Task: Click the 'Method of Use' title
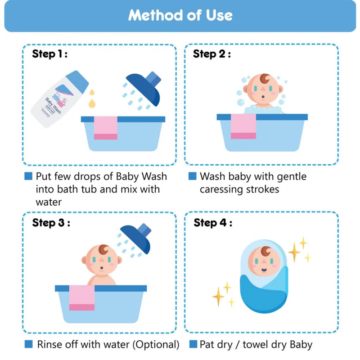coord(180,15)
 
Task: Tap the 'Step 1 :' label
coord(49,54)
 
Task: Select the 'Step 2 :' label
coord(211,54)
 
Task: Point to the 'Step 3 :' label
coord(51,223)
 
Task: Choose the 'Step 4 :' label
coord(213,223)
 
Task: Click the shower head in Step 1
coord(144,88)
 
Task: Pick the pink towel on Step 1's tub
coord(105,128)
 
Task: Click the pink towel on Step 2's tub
coord(243,126)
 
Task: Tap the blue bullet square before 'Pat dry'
coord(193,344)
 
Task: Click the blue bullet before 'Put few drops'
coord(28,176)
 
